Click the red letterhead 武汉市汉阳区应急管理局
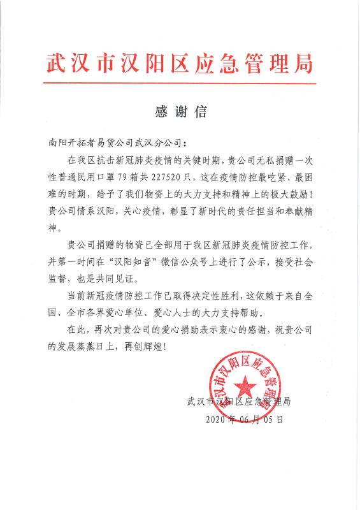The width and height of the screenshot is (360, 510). (x=180, y=64)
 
